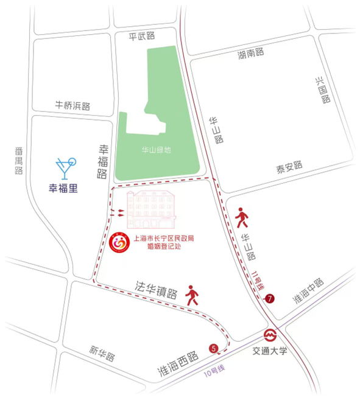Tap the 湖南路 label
[251, 53]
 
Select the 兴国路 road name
[322, 89]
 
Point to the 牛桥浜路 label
[72, 105]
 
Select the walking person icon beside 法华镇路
[192, 295]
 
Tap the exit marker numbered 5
[213, 348]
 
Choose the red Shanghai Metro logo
[269, 335]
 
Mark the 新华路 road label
[102, 352]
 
